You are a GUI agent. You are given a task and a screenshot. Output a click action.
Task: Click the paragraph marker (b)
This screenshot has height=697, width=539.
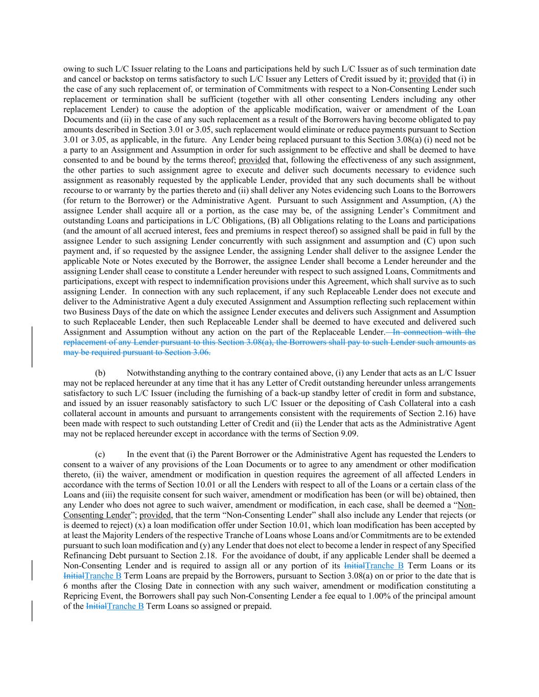[x=100, y=373]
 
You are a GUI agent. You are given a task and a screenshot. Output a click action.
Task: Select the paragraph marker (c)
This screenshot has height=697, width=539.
[x=100, y=454]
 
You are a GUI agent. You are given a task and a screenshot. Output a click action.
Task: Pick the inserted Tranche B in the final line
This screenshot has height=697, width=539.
[x=126, y=606]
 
